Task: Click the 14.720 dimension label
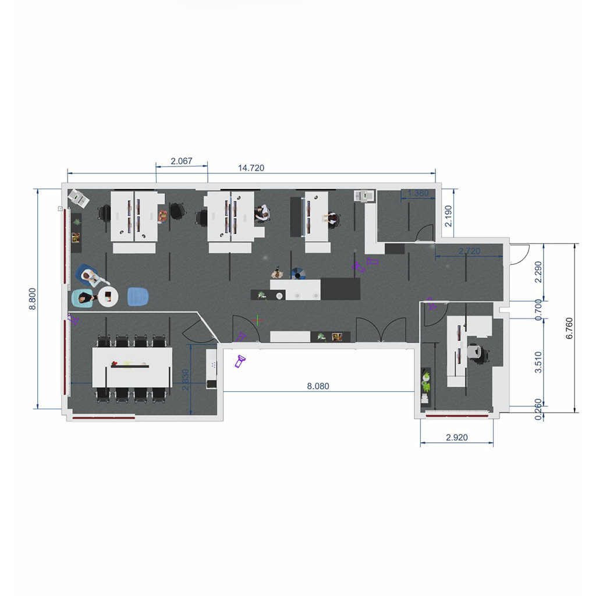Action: tap(251, 168)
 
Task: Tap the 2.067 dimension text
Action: tap(182, 161)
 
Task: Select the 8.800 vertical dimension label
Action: tap(33, 299)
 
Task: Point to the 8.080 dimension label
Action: tap(318, 386)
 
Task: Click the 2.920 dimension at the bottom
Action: tap(456, 438)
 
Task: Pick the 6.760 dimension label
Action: tap(569, 328)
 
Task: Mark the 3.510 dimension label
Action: tap(538, 362)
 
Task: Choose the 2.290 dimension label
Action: tap(538, 272)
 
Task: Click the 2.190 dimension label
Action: tap(449, 216)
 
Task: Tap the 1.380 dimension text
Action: tap(418, 193)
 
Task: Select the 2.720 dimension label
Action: tap(469, 251)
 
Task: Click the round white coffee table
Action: tap(108, 297)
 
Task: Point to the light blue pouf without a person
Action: tap(137, 296)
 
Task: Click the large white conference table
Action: tap(132, 367)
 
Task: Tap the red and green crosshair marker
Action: tap(258, 321)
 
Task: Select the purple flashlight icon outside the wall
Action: tap(240, 361)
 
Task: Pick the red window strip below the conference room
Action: tap(104, 418)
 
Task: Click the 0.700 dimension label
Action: tap(538, 310)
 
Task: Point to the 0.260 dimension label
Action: tap(538, 409)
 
